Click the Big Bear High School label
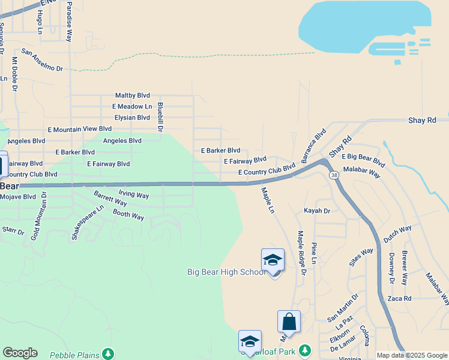pyautogui.click(x=225, y=272)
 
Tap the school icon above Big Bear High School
pyautogui.click(x=273, y=260)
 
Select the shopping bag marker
pyautogui.click(x=289, y=322)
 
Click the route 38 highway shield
pyautogui.click(x=334, y=174)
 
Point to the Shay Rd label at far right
pyautogui.click(x=422, y=121)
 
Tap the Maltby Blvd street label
pyautogui.click(x=133, y=95)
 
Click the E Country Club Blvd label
pyautogui.click(x=267, y=172)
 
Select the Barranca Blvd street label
pyautogui.click(x=313, y=145)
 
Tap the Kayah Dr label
pyautogui.click(x=318, y=211)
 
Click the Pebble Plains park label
pyautogui.click(x=74, y=355)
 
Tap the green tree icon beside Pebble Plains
pyautogui.click(x=108, y=353)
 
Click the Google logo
pyautogui.click(x=20, y=353)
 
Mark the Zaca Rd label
pyautogui.click(x=399, y=298)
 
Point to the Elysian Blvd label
pyautogui.click(x=132, y=118)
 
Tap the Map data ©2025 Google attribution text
pyautogui.click(x=412, y=355)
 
